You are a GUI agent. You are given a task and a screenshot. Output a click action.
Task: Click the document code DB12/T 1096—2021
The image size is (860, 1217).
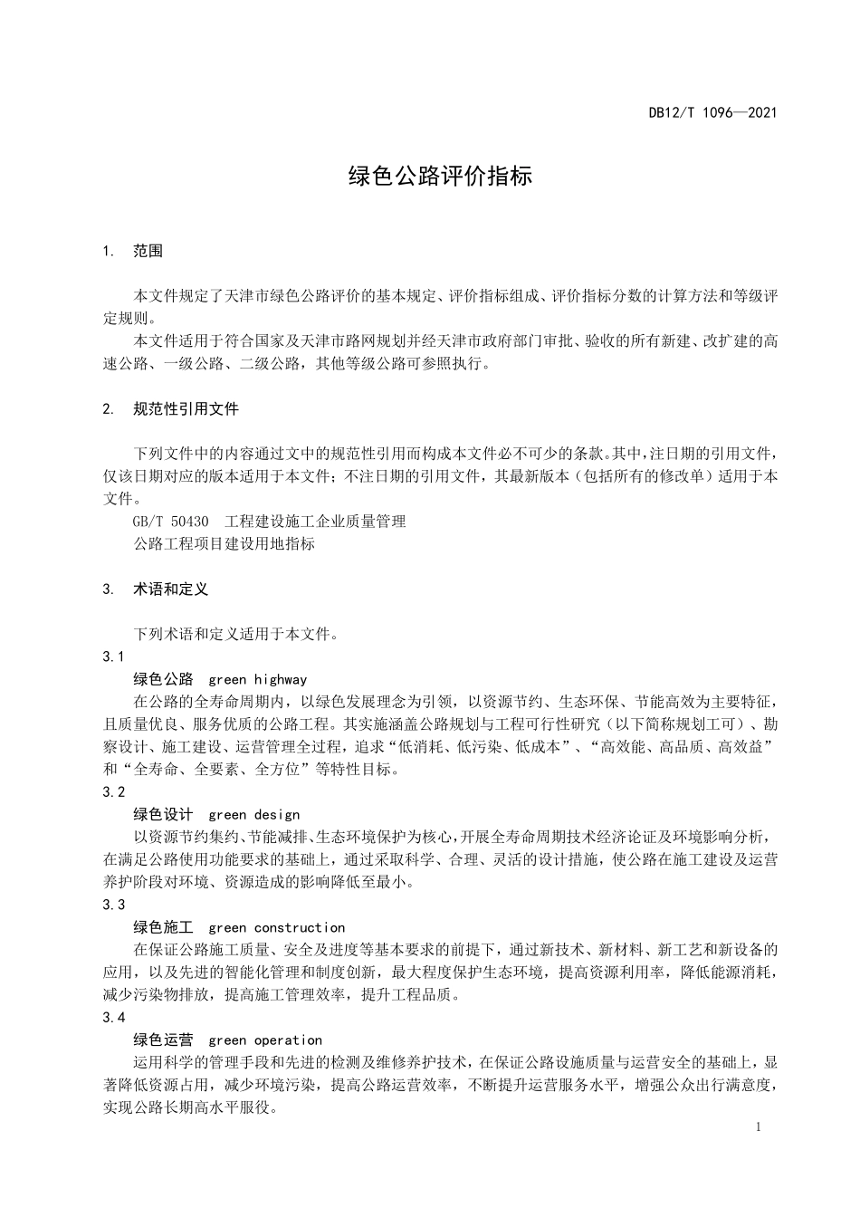712,113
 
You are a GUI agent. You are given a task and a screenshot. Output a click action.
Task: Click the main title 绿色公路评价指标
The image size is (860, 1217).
441,176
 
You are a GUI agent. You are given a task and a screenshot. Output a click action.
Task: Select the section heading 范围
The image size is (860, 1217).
148,251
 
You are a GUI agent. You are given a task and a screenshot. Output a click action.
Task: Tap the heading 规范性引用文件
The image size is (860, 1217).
186,409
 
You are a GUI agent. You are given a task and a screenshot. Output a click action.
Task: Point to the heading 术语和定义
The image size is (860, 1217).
170,589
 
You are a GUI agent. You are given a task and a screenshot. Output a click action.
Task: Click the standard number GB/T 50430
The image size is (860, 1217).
170,522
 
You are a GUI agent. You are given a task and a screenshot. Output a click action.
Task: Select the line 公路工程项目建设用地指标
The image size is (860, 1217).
224,544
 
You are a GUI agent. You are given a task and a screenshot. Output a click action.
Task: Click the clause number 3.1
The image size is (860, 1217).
114,656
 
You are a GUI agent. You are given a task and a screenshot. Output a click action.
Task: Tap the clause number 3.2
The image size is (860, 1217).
114,792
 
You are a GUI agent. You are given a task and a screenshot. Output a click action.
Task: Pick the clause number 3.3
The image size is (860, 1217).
114,906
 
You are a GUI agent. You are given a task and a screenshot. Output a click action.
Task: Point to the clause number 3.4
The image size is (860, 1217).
114,1018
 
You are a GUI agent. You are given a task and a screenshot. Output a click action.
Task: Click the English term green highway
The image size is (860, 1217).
258,679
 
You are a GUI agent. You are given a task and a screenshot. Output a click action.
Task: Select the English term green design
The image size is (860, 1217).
254,815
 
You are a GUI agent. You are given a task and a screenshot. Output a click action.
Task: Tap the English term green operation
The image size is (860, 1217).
265,1040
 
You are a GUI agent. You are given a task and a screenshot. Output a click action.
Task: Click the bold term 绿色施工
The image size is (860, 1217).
163,928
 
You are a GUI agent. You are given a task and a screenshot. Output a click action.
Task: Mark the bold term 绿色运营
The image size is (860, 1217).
163,1040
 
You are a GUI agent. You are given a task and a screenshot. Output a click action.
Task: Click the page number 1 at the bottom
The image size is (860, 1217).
757,1127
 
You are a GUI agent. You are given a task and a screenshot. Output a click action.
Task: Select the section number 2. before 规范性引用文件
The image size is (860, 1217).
109,409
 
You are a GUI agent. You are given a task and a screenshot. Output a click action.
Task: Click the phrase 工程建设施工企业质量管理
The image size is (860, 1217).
315,522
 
